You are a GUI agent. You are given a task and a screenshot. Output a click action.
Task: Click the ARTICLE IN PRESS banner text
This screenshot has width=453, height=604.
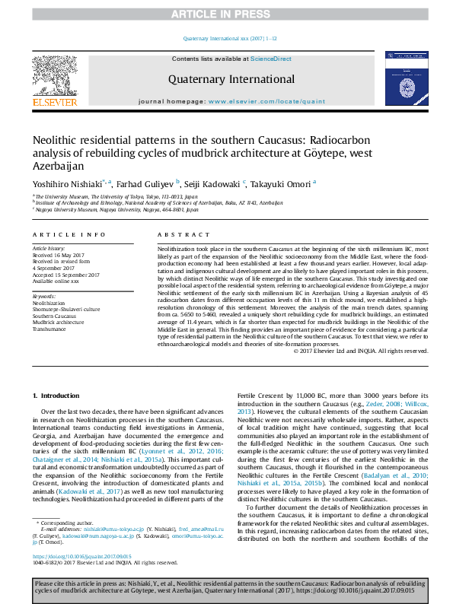coord(226,14)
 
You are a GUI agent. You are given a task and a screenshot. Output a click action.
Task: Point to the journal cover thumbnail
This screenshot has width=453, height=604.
coord(401,80)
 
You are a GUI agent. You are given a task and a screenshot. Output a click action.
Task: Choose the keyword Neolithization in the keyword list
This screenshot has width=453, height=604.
coord(49,303)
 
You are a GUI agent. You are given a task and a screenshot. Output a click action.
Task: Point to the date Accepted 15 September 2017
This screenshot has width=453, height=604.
coord(68,275)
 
